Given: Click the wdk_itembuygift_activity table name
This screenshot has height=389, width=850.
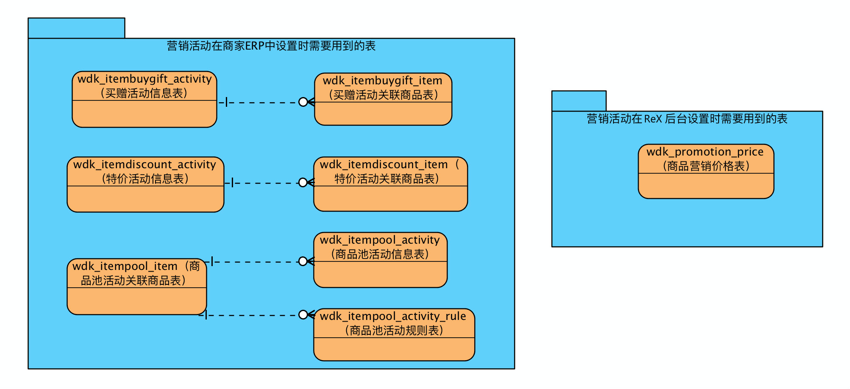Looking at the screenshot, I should click(144, 79).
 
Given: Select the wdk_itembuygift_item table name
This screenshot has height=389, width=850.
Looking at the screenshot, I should click(382, 81).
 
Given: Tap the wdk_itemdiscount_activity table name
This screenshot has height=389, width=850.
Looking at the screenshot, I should click(144, 165).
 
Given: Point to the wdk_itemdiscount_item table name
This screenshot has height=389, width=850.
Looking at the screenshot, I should click(383, 165).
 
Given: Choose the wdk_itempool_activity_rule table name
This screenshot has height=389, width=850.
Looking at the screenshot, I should click(393, 317).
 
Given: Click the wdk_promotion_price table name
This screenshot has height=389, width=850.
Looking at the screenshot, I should click(705, 152).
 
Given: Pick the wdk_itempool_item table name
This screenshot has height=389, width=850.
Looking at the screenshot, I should click(125, 267).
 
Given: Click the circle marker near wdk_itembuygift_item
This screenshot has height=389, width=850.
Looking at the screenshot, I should click(303, 102).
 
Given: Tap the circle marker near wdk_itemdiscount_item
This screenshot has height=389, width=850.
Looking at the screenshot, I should click(303, 183).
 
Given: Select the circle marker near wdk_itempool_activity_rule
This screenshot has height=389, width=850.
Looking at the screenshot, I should click(303, 315).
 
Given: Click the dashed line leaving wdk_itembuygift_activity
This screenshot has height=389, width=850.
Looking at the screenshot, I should click(263, 103).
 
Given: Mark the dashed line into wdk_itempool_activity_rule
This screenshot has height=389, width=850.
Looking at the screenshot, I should click(254, 315).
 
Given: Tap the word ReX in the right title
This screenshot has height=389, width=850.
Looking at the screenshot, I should click(653, 119).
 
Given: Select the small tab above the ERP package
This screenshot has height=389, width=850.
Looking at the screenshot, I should click(76, 28).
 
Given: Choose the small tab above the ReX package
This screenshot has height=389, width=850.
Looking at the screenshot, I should click(579, 101).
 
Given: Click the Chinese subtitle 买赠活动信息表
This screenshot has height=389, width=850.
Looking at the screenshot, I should click(144, 93).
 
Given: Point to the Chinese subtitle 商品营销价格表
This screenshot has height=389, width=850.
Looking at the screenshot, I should click(706, 166).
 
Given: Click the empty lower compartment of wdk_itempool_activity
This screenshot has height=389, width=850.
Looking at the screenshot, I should click(380, 274).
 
